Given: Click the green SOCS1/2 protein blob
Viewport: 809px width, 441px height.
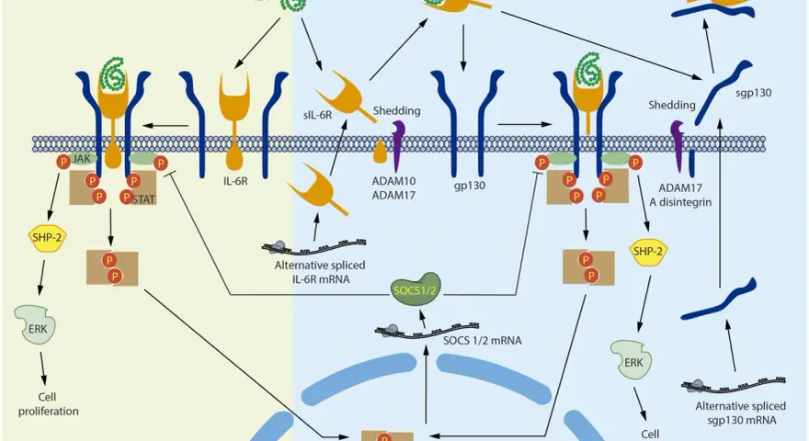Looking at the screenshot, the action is pos(416,289).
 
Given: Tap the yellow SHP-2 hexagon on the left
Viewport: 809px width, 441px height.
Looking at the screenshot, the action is pos(47,238).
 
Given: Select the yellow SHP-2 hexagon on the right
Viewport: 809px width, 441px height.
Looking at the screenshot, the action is pos(648,252).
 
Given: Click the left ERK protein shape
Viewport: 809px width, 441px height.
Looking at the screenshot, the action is pos(35,325).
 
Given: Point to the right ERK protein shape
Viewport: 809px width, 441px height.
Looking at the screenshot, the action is pos(631,360).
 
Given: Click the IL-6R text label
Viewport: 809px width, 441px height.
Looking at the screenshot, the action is pos(235,182).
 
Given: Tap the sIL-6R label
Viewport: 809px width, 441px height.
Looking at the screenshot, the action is pos(318,115).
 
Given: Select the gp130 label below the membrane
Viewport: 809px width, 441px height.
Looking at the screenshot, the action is pos(470,186).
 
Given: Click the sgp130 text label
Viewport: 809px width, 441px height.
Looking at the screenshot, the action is pos(754,94).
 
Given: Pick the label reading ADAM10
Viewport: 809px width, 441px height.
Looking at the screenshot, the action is pos(393,181).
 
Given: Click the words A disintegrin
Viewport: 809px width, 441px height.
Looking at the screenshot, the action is pos(680,202).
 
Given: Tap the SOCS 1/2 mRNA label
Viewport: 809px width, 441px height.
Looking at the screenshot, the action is pos(483,341).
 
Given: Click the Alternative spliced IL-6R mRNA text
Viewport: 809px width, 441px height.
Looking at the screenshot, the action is pos(320,272).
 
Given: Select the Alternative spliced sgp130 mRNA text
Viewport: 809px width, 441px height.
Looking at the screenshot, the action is pos(741,413).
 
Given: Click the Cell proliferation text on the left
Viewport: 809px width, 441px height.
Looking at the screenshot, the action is pos(49,404).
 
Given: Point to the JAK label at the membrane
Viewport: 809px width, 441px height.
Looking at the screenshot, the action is pos(82,159).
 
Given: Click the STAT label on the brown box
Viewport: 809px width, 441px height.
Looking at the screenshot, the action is pos(143,199).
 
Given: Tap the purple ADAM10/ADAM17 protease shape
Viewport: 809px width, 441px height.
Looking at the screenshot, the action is pos(398,146).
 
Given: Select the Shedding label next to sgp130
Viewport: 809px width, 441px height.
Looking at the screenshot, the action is pos(672,106).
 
